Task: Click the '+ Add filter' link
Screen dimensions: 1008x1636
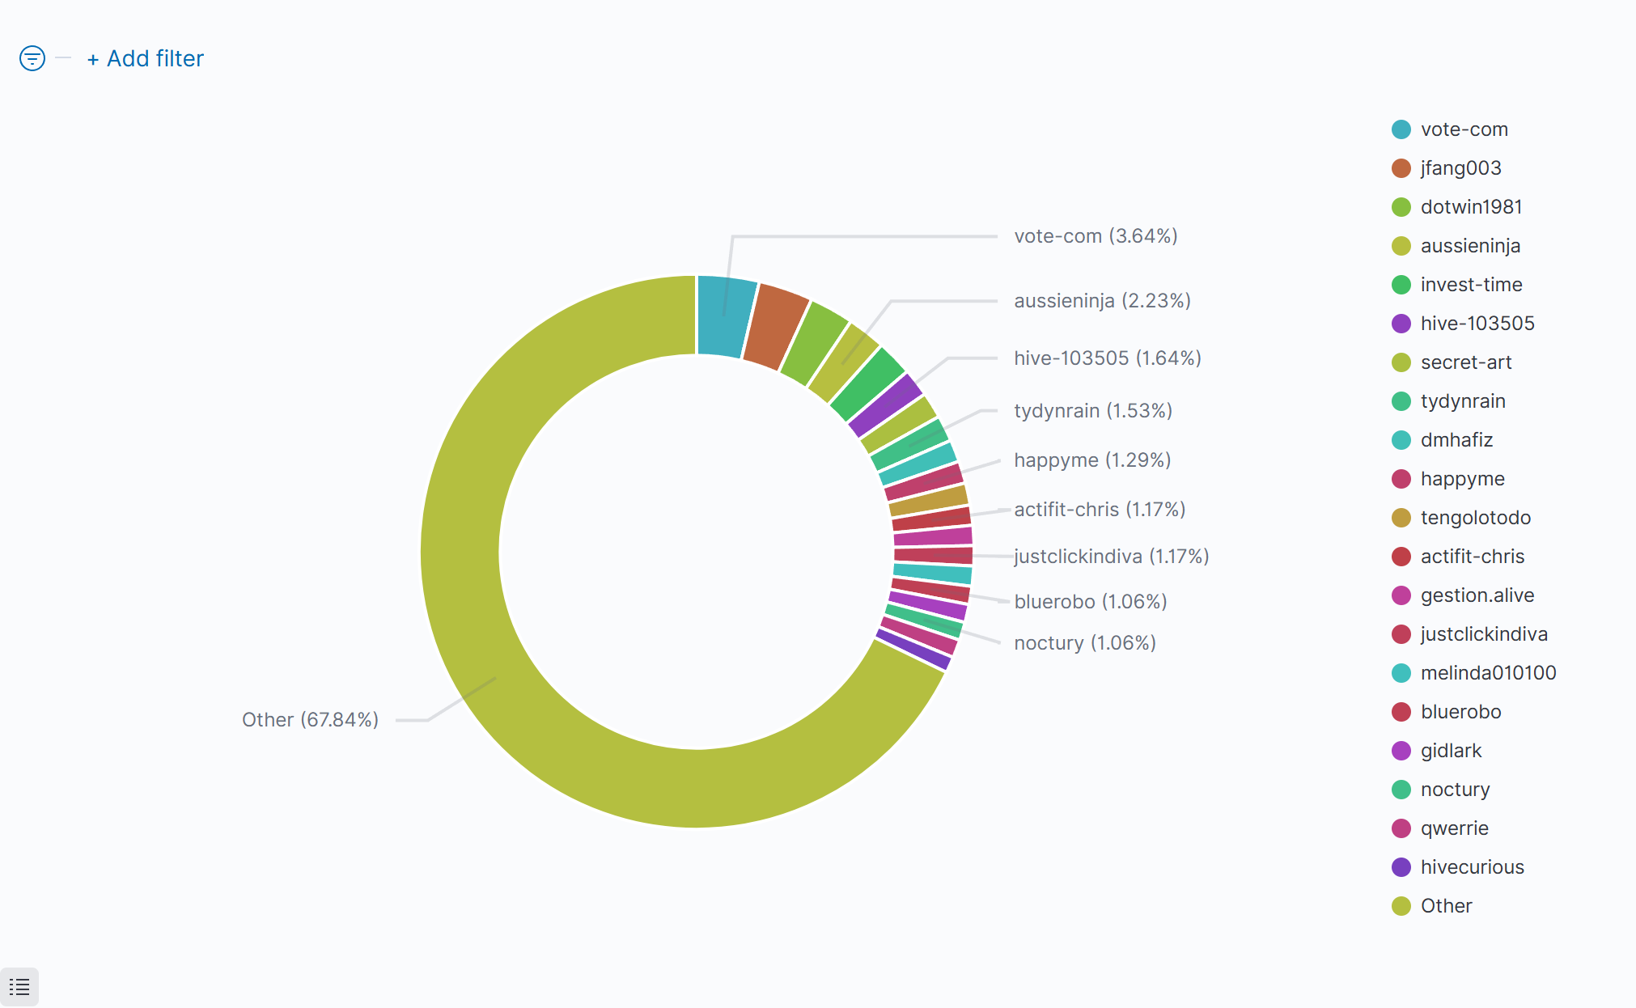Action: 146,59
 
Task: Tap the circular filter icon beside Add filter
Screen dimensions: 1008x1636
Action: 32,58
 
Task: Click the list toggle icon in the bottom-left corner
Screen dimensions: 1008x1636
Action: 19,987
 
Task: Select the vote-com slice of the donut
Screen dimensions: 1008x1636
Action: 726,316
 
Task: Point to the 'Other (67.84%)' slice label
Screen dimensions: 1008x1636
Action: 310,720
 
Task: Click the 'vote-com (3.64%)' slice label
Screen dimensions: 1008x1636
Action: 1096,236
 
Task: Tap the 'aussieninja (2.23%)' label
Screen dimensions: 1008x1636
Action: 1102,301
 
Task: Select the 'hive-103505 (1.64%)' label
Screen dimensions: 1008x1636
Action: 1107,358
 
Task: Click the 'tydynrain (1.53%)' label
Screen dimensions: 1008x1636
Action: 1092,411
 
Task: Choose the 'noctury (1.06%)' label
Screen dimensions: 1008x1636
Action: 1084,643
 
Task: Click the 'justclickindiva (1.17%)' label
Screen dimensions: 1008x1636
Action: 1111,557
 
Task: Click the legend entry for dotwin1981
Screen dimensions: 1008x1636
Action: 1470,207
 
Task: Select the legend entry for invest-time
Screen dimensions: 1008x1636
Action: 1470,285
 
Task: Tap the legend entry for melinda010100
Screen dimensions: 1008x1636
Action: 1487,673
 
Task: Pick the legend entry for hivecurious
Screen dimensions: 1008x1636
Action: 1472,867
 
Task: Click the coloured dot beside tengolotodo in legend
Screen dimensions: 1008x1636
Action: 1401,518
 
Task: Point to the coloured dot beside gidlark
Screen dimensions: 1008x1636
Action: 1401,751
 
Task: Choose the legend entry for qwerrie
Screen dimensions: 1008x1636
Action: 1454,828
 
